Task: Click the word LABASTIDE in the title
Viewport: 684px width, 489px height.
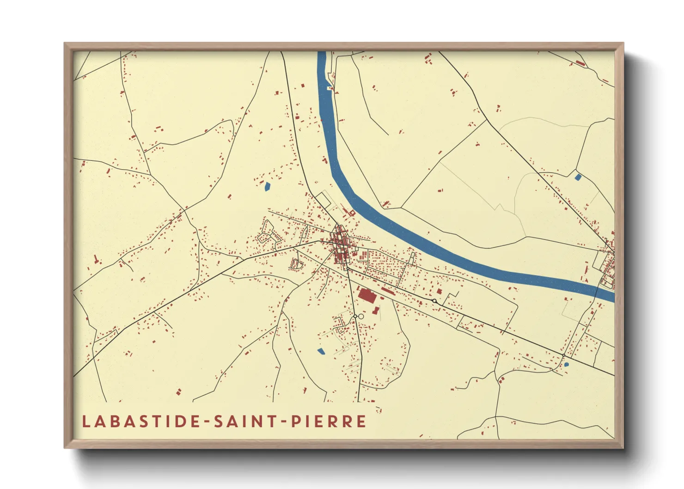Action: pyautogui.click(x=141, y=422)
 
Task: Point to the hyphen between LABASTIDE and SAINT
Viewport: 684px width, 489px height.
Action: pyautogui.click(x=207, y=422)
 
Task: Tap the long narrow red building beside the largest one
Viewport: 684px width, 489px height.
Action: pyautogui.click(x=387, y=291)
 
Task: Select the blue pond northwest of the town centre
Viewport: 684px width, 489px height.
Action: pyautogui.click(x=267, y=187)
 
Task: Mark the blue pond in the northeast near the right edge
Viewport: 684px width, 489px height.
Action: pyautogui.click(x=577, y=177)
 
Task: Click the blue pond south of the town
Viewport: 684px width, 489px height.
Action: pyautogui.click(x=321, y=351)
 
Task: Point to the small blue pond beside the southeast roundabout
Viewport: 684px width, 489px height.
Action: pyautogui.click(x=567, y=364)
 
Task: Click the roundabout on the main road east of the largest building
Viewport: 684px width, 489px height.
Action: pyautogui.click(x=434, y=301)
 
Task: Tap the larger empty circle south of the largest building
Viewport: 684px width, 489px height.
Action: pyautogui.click(x=361, y=317)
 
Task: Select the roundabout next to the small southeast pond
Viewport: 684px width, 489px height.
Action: pyautogui.click(x=563, y=355)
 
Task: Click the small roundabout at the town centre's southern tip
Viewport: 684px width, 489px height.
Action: pyautogui.click(x=347, y=268)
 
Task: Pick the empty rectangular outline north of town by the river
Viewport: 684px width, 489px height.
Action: pyautogui.click(x=324, y=200)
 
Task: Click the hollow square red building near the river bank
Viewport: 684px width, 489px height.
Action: pyautogui.click(x=352, y=213)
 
